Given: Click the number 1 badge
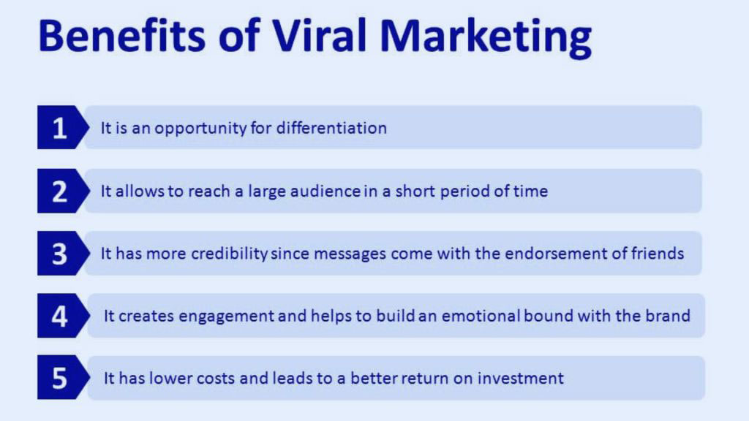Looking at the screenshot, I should point(60,129).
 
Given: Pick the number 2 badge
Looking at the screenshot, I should point(60,191).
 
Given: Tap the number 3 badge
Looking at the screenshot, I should point(60,254).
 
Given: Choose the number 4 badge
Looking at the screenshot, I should point(60,316).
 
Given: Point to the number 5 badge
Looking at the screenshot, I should point(60,379).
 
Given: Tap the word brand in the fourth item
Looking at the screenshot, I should point(669,316).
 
